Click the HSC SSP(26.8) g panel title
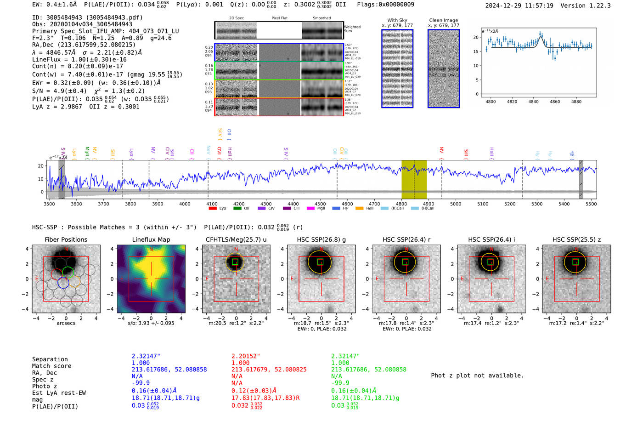point(321,239)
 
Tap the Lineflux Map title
point(151,239)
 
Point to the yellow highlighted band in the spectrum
point(414,179)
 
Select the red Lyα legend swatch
point(213,209)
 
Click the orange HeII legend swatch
point(359,209)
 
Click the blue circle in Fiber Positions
point(63,283)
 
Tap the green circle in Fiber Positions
point(68,272)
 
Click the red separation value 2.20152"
point(246,356)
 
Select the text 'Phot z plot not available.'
point(477,375)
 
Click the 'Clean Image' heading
point(443,20)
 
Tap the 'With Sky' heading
point(397,20)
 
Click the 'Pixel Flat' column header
point(279,18)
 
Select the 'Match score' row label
point(52,366)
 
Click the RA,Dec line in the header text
point(84,45)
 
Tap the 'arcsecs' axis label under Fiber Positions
point(66,323)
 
